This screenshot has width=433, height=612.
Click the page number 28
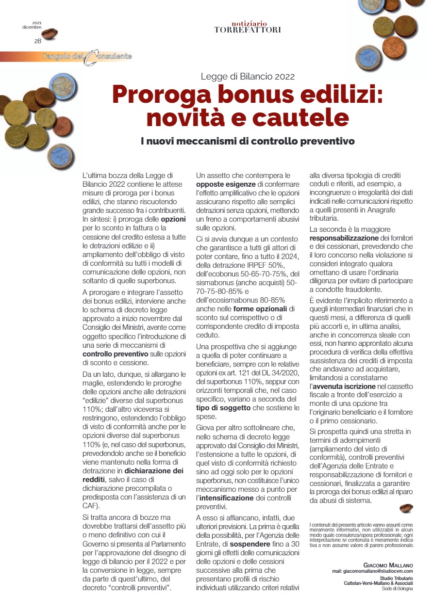point(37,41)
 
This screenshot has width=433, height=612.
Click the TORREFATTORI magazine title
point(248,30)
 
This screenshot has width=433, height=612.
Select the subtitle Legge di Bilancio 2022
point(248,76)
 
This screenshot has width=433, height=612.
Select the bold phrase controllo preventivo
point(116,354)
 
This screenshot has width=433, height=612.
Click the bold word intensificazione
point(227,498)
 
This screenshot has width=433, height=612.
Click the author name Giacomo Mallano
point(388,565)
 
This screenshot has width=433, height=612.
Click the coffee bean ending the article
point(405,508)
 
